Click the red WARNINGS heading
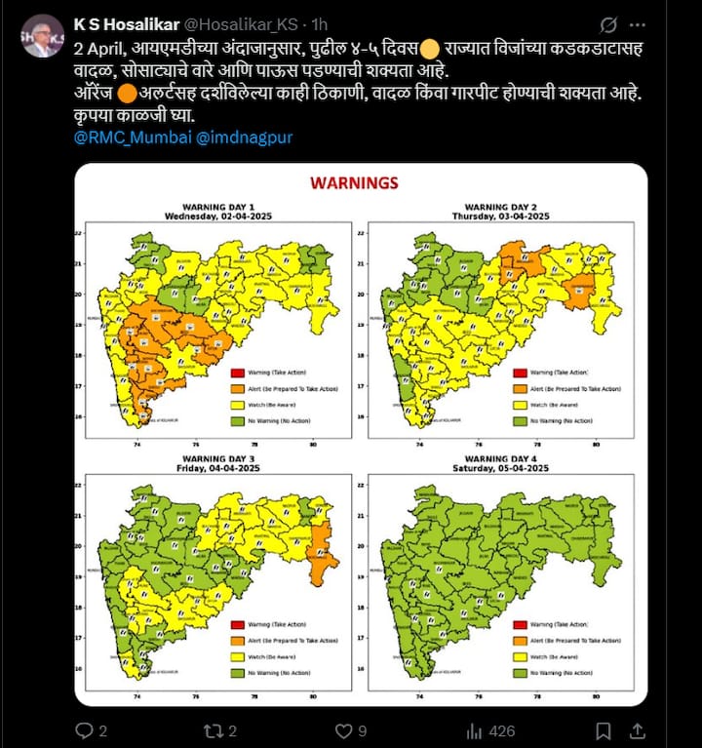point(353,182)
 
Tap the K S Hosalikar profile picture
point(42,36)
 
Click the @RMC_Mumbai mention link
point(131,138)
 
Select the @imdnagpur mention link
point(244,138)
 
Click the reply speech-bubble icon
point(85,729)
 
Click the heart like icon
point(343,729)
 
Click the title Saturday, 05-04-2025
point(500,467)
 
